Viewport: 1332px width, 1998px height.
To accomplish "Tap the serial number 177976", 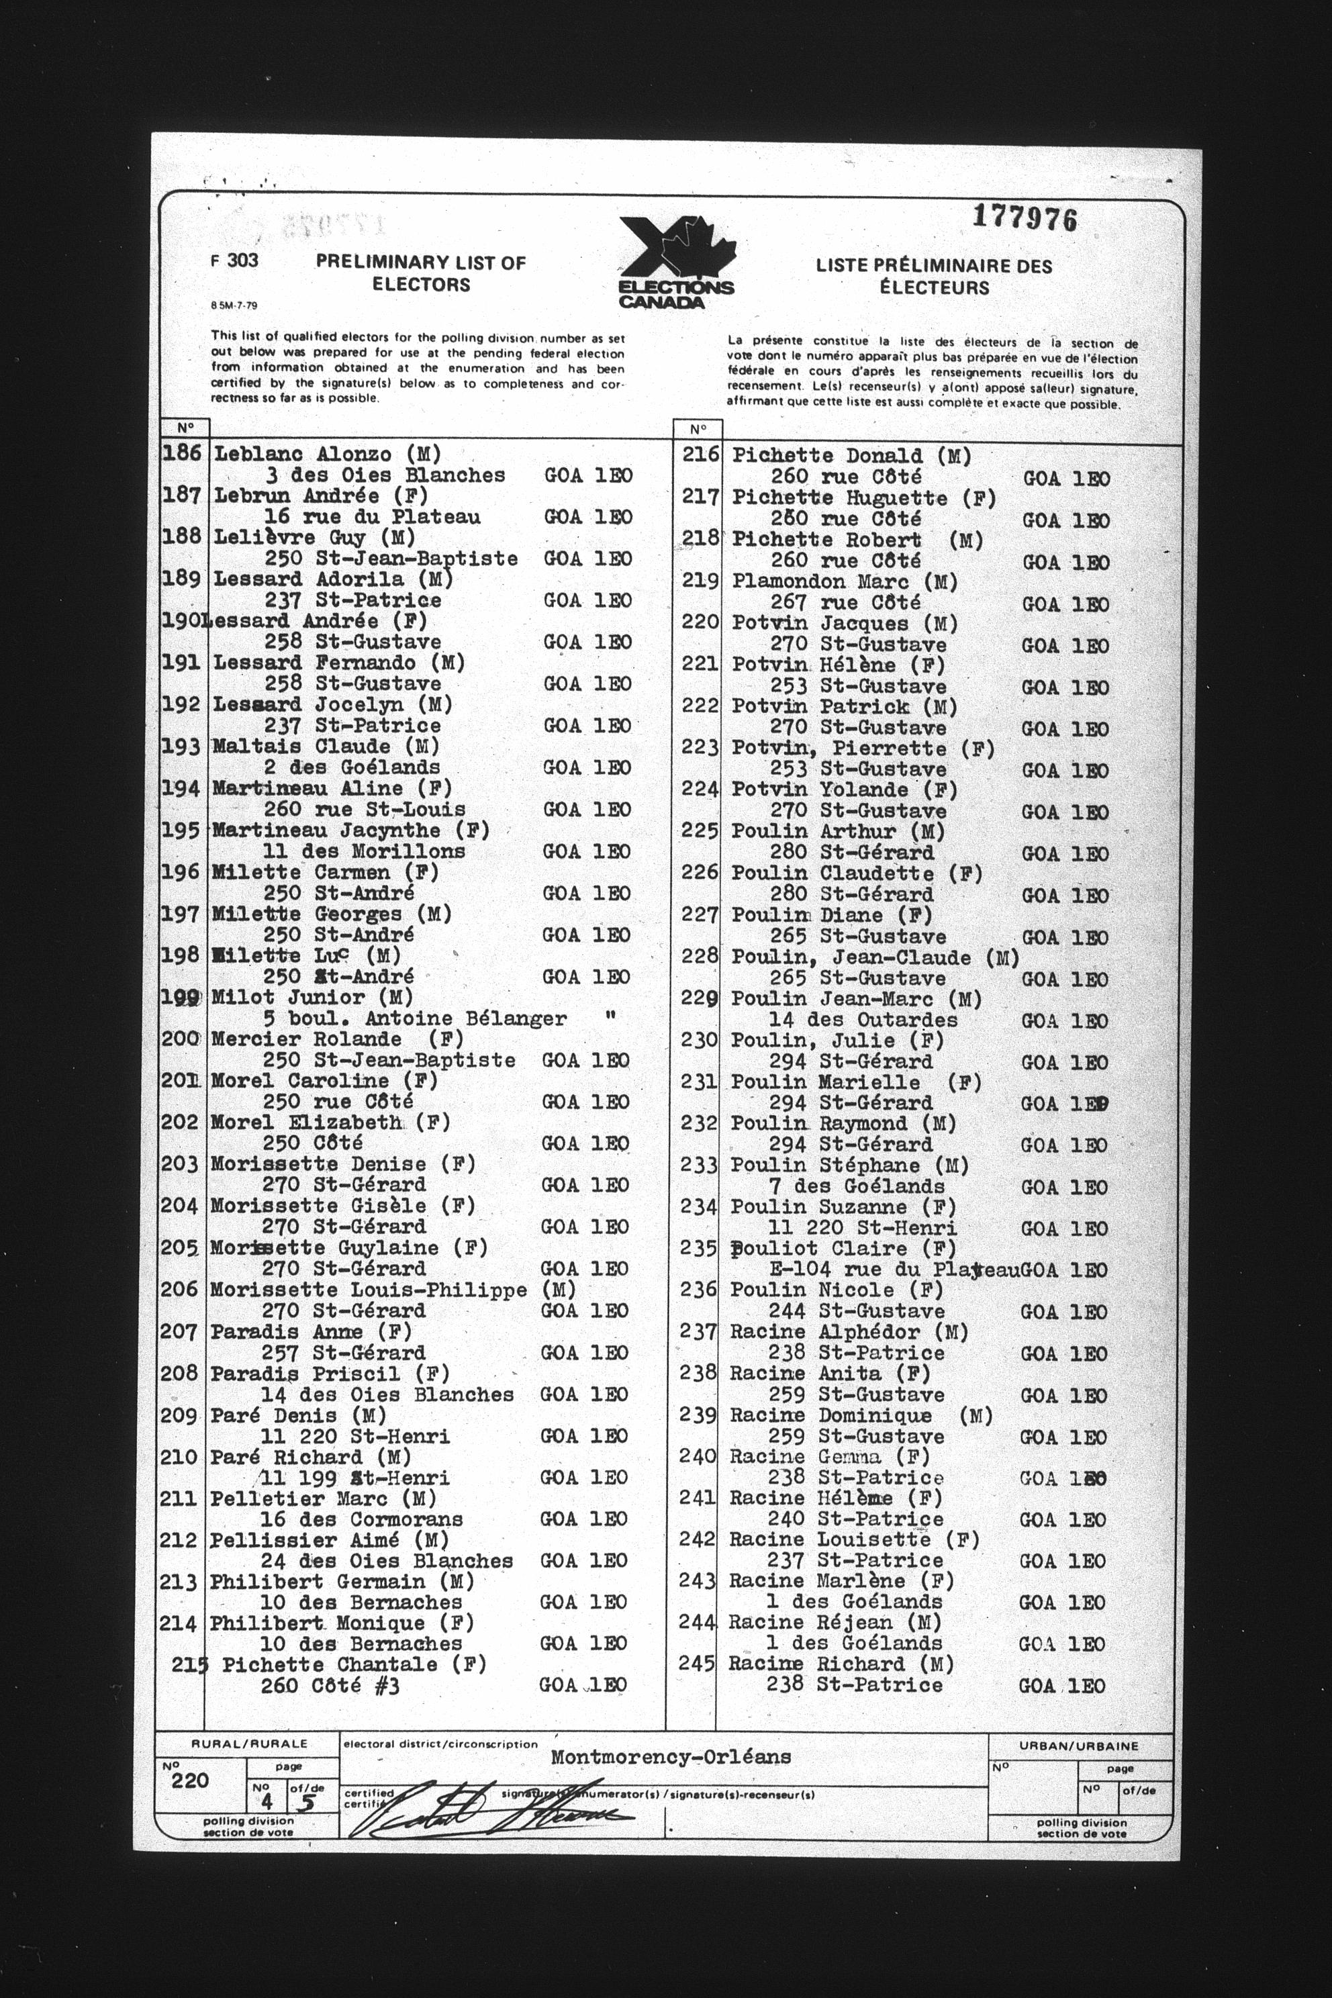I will tap(1025, 219).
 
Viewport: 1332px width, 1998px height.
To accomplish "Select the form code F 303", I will tap(234, 260).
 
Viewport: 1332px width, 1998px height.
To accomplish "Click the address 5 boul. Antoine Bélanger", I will tap(414, 1018).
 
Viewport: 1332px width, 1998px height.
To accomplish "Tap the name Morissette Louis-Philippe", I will tap(368, 1290).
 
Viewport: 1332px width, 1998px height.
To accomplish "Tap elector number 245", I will tap(697, 1663).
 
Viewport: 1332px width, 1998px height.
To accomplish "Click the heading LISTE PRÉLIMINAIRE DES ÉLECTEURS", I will tap(934, 277).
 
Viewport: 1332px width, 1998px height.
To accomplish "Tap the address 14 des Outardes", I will tap(862, 1019).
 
